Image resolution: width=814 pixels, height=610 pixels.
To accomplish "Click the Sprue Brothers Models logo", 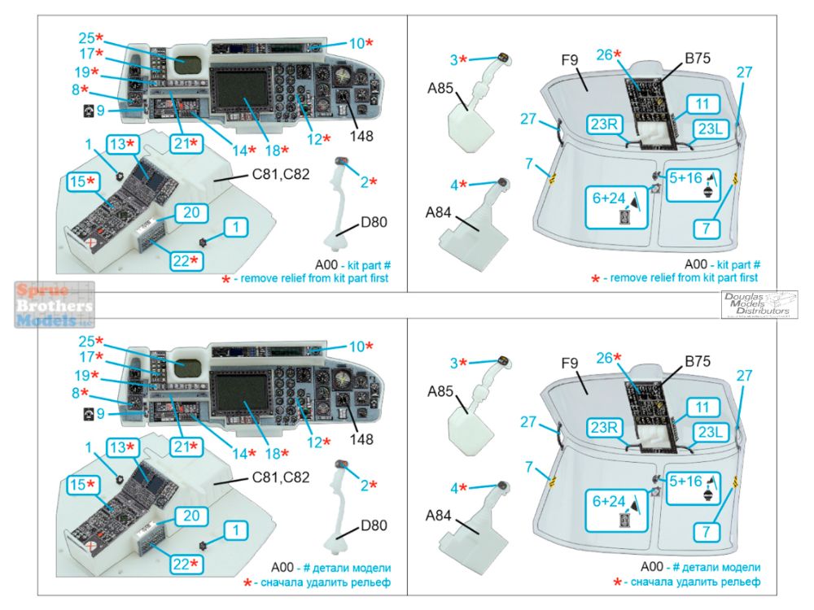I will [54, 304].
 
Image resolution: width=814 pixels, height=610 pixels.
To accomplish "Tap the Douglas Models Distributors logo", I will [759, 304].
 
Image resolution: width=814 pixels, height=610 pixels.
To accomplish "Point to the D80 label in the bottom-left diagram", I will [374, 525].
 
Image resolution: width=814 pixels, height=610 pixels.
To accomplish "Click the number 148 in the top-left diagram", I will [361, 136].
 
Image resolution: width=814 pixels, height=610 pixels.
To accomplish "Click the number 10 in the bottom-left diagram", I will [358, 346].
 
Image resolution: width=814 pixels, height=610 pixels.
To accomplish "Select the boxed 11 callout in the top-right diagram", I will [702, 103].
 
